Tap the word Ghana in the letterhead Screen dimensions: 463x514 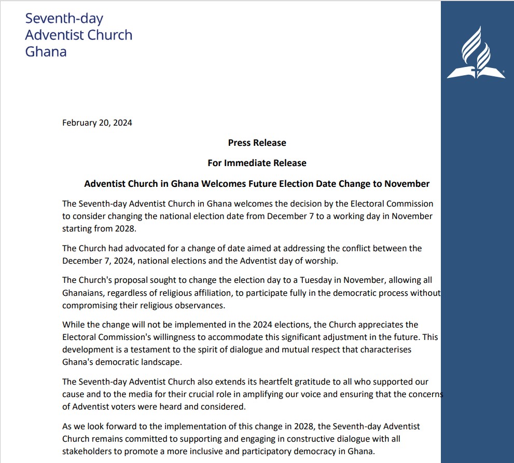[46, 52]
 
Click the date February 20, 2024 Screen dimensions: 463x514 [97, 123]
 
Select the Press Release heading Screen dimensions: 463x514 [257, 143]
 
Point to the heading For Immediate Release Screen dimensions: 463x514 [257, 163]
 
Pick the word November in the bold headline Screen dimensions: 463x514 [406, 184]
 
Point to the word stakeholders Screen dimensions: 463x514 [90, 452]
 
